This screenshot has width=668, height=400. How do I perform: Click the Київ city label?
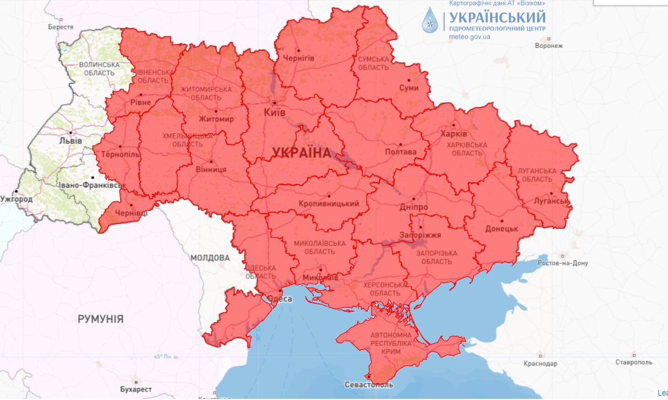[x=275, y=112]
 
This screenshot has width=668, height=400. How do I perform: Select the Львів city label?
[x=70, y=140]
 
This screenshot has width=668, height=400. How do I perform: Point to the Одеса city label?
[x=279, y=299]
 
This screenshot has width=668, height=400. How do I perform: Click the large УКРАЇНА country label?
[x=301, y=152]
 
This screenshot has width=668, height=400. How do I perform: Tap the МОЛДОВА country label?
[x=209, y=258]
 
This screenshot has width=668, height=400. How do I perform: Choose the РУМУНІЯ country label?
[x=100, y=319]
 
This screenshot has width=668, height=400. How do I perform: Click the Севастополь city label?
[x=369, y=385]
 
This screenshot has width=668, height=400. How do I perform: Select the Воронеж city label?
[x=548, y=46]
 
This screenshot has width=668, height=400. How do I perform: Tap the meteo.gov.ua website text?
[x=470, y=37]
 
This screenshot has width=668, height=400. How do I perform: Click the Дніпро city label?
[x=413, y=207]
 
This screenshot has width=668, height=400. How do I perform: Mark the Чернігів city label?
[x=298, y=58]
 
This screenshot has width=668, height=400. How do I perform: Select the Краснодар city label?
[x=540, y=364]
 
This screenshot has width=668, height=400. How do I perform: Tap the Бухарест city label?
[x=135, y=389]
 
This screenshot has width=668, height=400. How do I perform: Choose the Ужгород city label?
[x=16, y=199]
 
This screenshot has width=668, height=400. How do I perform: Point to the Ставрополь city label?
[x=634, y=362]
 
